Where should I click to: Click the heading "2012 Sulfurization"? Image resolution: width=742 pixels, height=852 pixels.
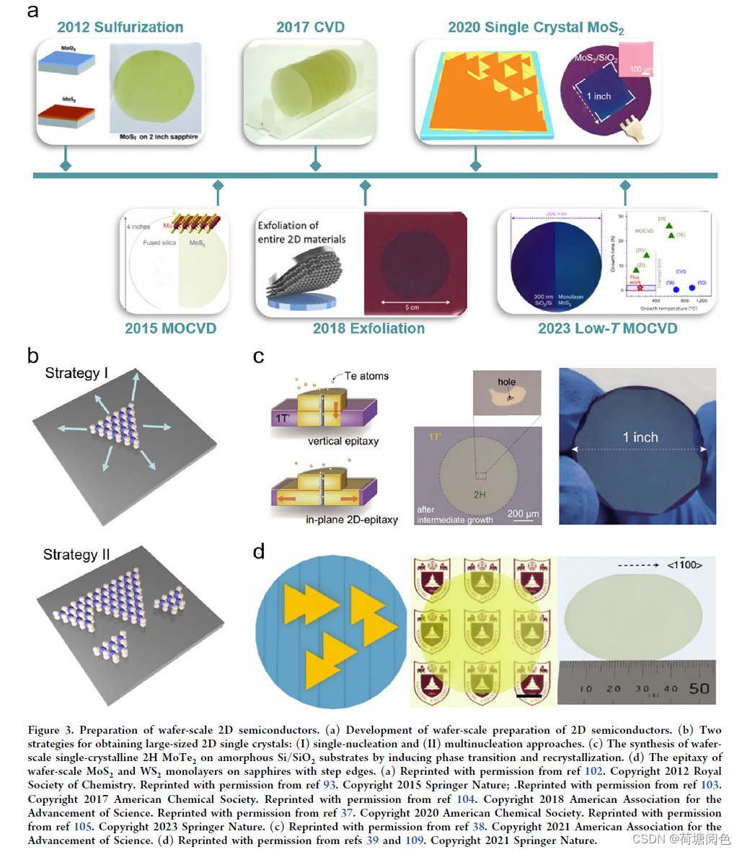[120, 27]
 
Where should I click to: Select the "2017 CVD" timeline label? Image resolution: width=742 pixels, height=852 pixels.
[310, 27]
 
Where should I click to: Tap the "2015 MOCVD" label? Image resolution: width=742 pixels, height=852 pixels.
[170, 328]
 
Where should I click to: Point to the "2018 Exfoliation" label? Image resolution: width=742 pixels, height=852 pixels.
[368, 328]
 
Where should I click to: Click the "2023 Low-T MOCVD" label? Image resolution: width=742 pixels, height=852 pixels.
[607, 328]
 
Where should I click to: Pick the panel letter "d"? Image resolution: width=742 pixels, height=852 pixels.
[259, 553]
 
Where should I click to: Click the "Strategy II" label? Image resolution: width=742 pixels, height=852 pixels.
[76, 554]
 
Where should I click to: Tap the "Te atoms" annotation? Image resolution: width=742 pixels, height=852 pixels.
[366, 376]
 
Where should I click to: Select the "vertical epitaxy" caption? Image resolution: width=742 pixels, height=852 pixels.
[343, 441]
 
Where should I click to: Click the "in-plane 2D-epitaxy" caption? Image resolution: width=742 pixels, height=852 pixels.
[351, 519]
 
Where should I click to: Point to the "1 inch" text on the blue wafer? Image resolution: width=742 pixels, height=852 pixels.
[640, 437]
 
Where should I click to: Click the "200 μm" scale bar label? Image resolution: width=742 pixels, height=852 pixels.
[524, 514]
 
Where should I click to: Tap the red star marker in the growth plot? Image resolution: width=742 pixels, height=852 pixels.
[640, 287]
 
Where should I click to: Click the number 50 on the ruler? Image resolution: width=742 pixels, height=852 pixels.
[699, 689]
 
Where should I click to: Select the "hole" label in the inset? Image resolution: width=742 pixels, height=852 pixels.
[506, 382]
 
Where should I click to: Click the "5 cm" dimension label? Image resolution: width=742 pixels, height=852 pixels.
[412, 307]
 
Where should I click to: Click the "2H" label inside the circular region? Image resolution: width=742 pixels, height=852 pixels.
[480, 495]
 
